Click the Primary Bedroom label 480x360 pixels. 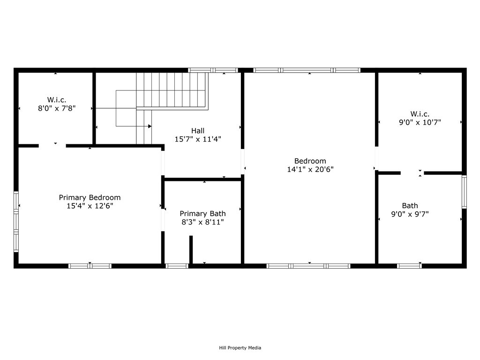pyautogui.click(x=90, y=197)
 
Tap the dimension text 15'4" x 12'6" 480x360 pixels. pyautogui.click(x=90, y=206)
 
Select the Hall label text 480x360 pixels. pyautogui.click(x=197, y=130)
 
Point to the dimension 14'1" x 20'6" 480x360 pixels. pyautogui.click(x=310, y=169)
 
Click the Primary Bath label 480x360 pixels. pyautogui.click(x=202, y=213)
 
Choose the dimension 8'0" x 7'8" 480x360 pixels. pyautogui.click(x=56, y=108)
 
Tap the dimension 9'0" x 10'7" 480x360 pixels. pyautogui.click(x=420, y=122)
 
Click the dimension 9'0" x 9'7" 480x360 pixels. pyautogui.click(x=410, y=214)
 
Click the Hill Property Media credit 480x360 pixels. pyautogui.click(x=240, y=348)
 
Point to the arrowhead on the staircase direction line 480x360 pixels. pyautogui.click(x=150, y=126)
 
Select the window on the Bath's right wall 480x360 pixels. pyautogui.click(x=464, y=191)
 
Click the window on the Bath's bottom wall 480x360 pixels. pyautogui.click(x=409, y=266)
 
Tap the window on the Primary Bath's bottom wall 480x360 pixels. pyautogui.click(x=177, y=266)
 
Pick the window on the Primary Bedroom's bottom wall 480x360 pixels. pyautogui.click(x=90, y=266)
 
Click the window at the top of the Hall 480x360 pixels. pyautogui.click(x=213, y=70)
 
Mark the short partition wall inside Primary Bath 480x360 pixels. pyautogui.click(x=191, y=249)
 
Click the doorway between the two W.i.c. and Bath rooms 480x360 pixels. pyautogui.click(x=412, y=173)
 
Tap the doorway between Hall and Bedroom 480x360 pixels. pyautogui.click(x=242, y=162)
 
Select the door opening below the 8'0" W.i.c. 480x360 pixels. pyautogui.click(x=52, y=146)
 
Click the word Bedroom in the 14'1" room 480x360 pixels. pyautogui.click(x=310, y=161)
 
